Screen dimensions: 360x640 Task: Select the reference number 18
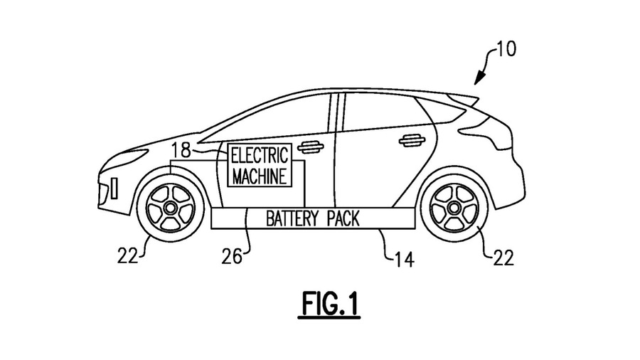(181, 150)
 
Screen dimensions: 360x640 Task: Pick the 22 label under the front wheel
(128, 255)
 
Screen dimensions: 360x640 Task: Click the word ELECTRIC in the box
(259, 154)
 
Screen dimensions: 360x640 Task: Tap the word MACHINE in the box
(259, 175)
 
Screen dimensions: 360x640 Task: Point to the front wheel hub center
(170, 206)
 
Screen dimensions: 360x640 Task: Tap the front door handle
(311, 147)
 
